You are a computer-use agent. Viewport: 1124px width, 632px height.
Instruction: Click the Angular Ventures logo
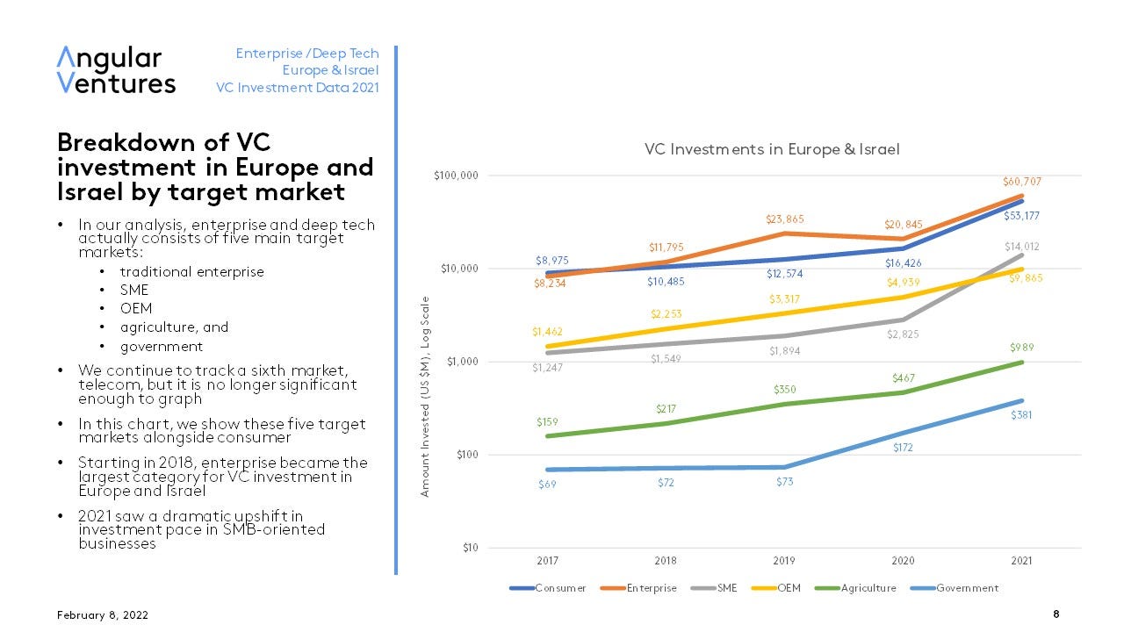(x=116, y=70)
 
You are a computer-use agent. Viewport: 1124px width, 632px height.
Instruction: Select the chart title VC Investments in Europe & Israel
(x=772, y=149)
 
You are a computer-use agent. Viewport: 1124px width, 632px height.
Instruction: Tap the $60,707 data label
(x=1022, y=182)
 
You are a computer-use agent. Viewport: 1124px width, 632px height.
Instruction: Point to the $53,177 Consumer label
(x=1022, y=215)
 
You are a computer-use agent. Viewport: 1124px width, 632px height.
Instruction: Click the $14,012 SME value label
(x=1022, y=247)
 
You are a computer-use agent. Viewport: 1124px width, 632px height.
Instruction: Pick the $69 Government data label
(x=547, y=485)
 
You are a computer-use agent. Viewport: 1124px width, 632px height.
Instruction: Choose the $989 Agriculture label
(x=1022, y=347)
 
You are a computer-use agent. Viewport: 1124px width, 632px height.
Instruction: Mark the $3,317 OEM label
(x=785, y=299)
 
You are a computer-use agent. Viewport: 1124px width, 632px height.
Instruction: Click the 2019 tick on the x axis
(x=784, y=560)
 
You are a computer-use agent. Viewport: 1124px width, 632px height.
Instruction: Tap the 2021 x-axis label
(x=1021, y=560)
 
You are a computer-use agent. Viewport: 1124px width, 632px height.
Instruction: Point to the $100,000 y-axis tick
(x=457, y=176)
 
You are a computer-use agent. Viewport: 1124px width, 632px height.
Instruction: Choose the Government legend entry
(x=967, y=588)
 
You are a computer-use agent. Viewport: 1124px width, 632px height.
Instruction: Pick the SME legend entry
(x=727, y=588)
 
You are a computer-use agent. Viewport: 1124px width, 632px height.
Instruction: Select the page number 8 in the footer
(x=1056, y=614)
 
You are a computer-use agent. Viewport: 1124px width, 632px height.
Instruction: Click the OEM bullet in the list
(x=136, y=308)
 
